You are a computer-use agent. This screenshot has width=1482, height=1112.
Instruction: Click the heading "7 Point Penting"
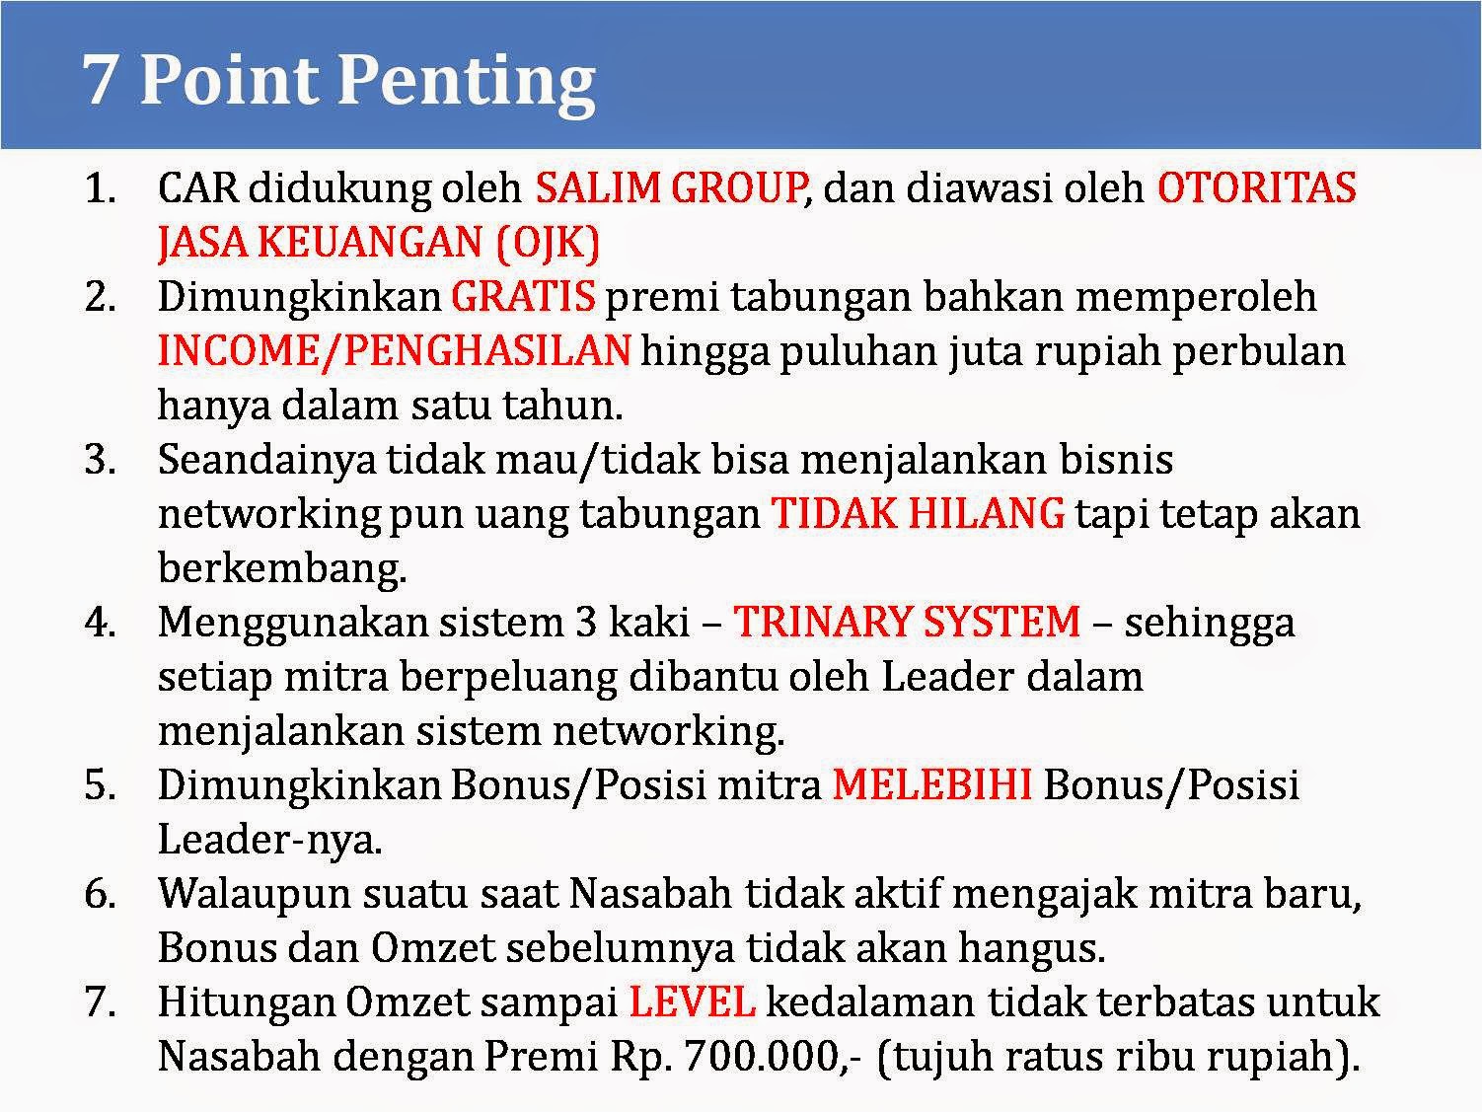click(339, 79)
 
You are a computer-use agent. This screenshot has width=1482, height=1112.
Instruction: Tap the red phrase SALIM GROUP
click(669, 187)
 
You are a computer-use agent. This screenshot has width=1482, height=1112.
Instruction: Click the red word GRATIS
click(523, 296)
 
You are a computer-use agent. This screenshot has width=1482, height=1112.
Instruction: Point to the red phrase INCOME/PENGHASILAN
click(394, 350)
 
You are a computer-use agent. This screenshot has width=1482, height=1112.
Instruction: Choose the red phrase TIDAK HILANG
click(918, 513)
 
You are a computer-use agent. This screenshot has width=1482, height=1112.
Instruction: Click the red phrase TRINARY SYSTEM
click(907, 622)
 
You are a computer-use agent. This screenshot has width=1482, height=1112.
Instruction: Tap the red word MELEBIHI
click(932, 784)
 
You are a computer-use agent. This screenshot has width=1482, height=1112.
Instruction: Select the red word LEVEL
click(693, 1001)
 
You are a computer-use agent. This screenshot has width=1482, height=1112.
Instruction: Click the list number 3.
click(100, 460)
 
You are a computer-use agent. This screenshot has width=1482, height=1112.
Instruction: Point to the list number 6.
click(100, 894)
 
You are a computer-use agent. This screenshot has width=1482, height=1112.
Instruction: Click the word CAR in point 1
click(197, 187)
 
